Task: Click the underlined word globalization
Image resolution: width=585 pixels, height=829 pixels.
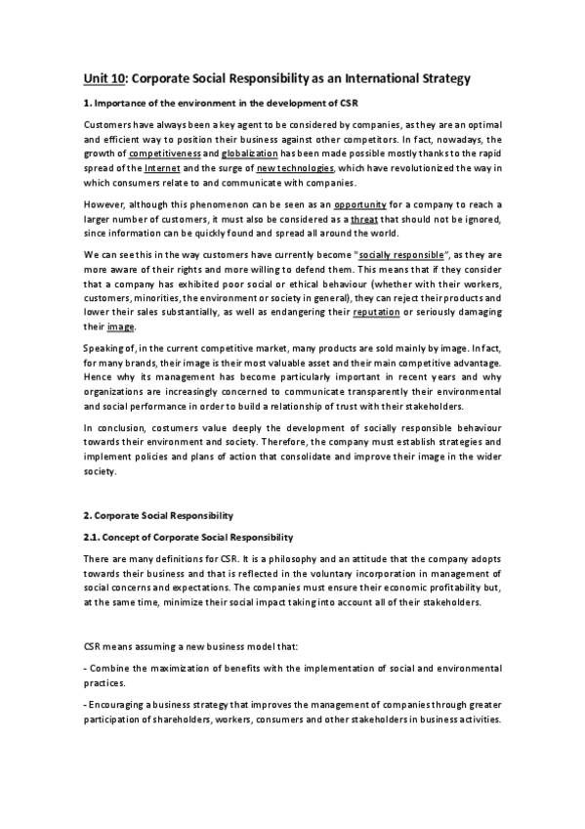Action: (248, 154)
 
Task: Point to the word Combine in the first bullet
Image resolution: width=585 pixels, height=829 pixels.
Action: (112, 668)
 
